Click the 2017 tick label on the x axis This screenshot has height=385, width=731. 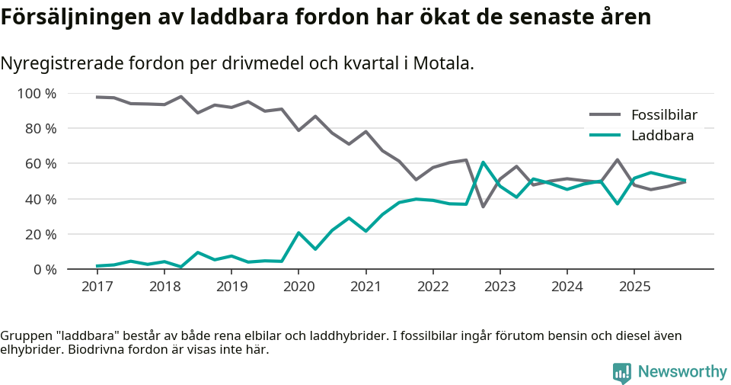coord(97,287)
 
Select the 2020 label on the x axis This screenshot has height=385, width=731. coord(298,287)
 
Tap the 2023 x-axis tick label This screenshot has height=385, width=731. coord(500,287)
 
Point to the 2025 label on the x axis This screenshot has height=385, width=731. coord(634,287)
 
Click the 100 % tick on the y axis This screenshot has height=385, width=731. coord(37,94)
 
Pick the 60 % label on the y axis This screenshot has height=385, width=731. coord(40,164)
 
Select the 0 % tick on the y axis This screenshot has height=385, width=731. coord(44,269)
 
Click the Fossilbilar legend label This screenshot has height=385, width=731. coord(664,115)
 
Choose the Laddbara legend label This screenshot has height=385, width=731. coord(662,136)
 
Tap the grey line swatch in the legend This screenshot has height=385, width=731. coord(605,115)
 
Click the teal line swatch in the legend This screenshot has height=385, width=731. coord(605,136)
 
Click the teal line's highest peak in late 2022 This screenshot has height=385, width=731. coord(483,162)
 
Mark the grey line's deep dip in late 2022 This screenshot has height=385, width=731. coord(483,207)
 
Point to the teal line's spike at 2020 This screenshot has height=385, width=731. coord(298,233)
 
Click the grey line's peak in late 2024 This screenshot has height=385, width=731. coord(617,160)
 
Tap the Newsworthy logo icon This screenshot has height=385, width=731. coord(621,372)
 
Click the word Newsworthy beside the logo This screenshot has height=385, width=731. coord(682,372)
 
